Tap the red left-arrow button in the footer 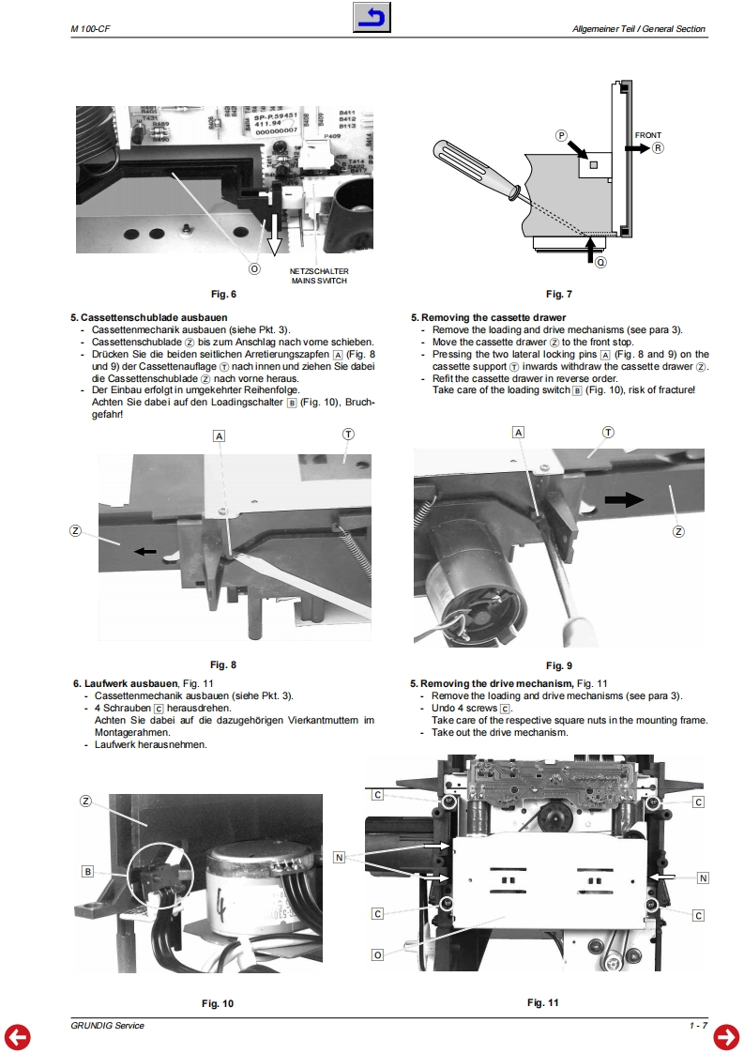point(18,1037)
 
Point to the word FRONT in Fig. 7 point(647,135)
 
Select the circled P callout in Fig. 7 point(562,136)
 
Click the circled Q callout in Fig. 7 point(600,262)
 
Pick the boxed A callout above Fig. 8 point(219,436)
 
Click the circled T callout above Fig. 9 point(608,433)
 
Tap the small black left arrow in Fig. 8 point(144,551)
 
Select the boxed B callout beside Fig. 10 point(87,872)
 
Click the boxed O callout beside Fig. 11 point(377,954)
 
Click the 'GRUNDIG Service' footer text point(107,1026)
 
